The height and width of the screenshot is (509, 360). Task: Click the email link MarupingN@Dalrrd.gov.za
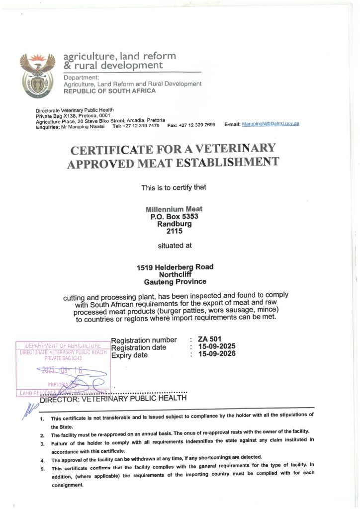270,123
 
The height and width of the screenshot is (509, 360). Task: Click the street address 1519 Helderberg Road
175,267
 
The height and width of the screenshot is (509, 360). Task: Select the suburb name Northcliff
175,274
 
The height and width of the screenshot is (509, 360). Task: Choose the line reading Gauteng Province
175,282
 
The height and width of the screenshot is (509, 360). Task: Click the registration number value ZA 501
209,339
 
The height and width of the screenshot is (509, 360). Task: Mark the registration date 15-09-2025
217,346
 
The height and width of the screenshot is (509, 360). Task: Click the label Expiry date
129,355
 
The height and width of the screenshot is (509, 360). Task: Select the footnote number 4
42,460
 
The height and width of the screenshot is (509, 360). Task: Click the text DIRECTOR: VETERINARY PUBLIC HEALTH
113,398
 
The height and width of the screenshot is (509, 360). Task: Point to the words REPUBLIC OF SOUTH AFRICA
109,91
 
